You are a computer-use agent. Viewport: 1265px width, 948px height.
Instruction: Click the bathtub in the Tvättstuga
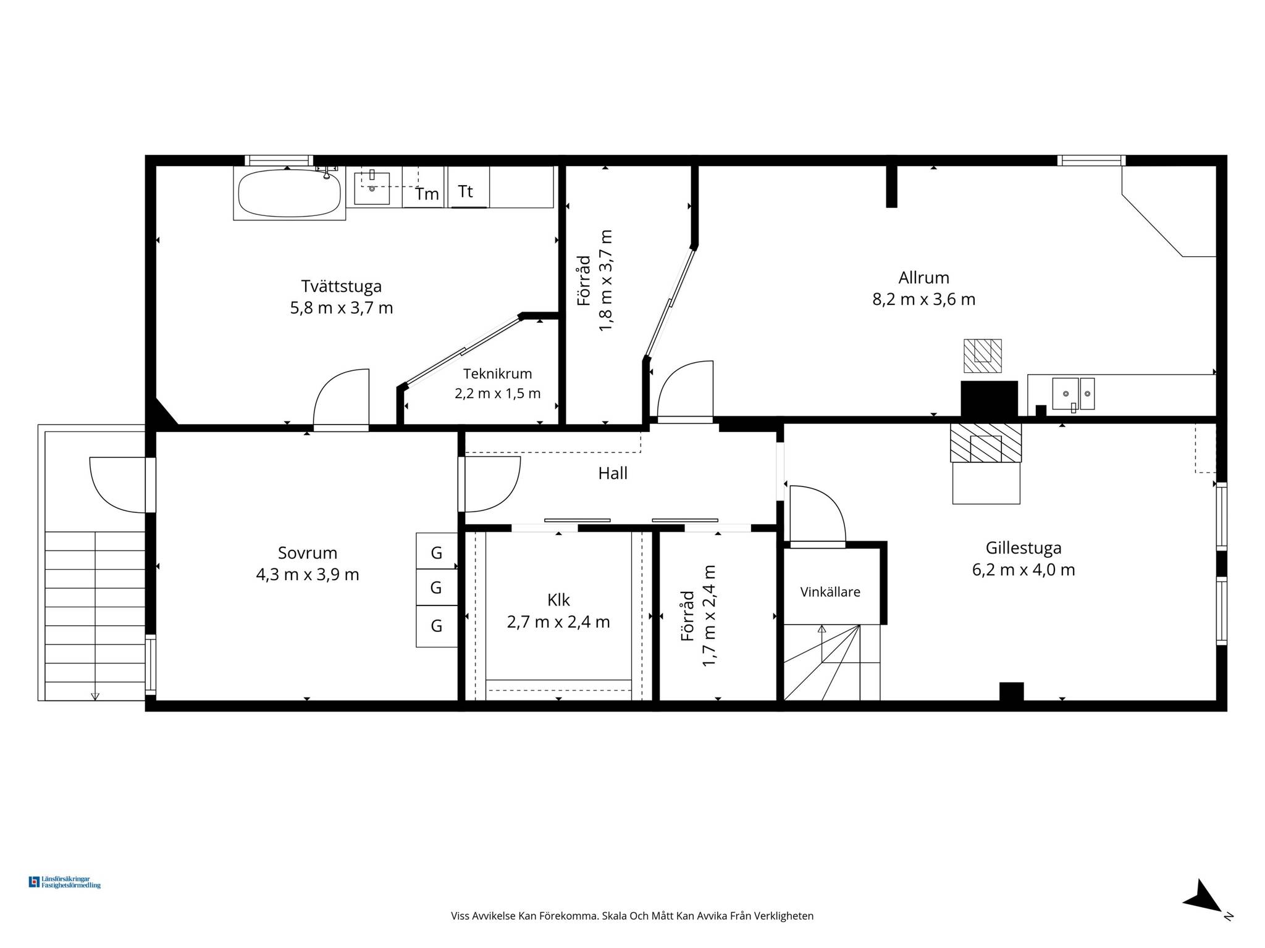[289, 193]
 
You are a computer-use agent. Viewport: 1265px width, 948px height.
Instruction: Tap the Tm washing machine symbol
[423, 187]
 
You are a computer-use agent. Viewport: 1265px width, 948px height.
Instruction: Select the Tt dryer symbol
[468, 187]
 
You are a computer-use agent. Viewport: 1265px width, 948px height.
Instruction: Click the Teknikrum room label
[497, 373]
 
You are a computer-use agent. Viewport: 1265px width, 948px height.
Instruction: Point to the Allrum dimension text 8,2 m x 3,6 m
[923, 299]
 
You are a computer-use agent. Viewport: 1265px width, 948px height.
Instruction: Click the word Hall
[613, 473]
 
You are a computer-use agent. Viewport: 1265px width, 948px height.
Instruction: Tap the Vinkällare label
[830, 592]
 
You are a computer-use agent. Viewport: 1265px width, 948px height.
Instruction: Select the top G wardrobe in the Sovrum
[437, 551]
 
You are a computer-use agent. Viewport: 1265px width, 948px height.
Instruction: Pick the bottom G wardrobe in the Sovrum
[437, 626]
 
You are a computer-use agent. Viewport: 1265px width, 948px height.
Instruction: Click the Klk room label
[558, 600]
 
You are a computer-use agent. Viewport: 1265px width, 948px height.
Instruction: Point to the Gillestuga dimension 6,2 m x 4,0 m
[1023, 570]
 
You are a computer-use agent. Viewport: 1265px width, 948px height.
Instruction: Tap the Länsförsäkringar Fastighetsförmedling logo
[65, 882]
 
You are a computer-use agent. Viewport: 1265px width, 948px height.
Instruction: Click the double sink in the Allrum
[1073, 394]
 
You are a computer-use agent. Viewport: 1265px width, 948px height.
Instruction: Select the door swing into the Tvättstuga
[341, 398]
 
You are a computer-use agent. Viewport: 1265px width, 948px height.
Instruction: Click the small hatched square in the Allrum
[983, 355]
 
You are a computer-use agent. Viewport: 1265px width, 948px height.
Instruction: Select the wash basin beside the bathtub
[372, 188]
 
